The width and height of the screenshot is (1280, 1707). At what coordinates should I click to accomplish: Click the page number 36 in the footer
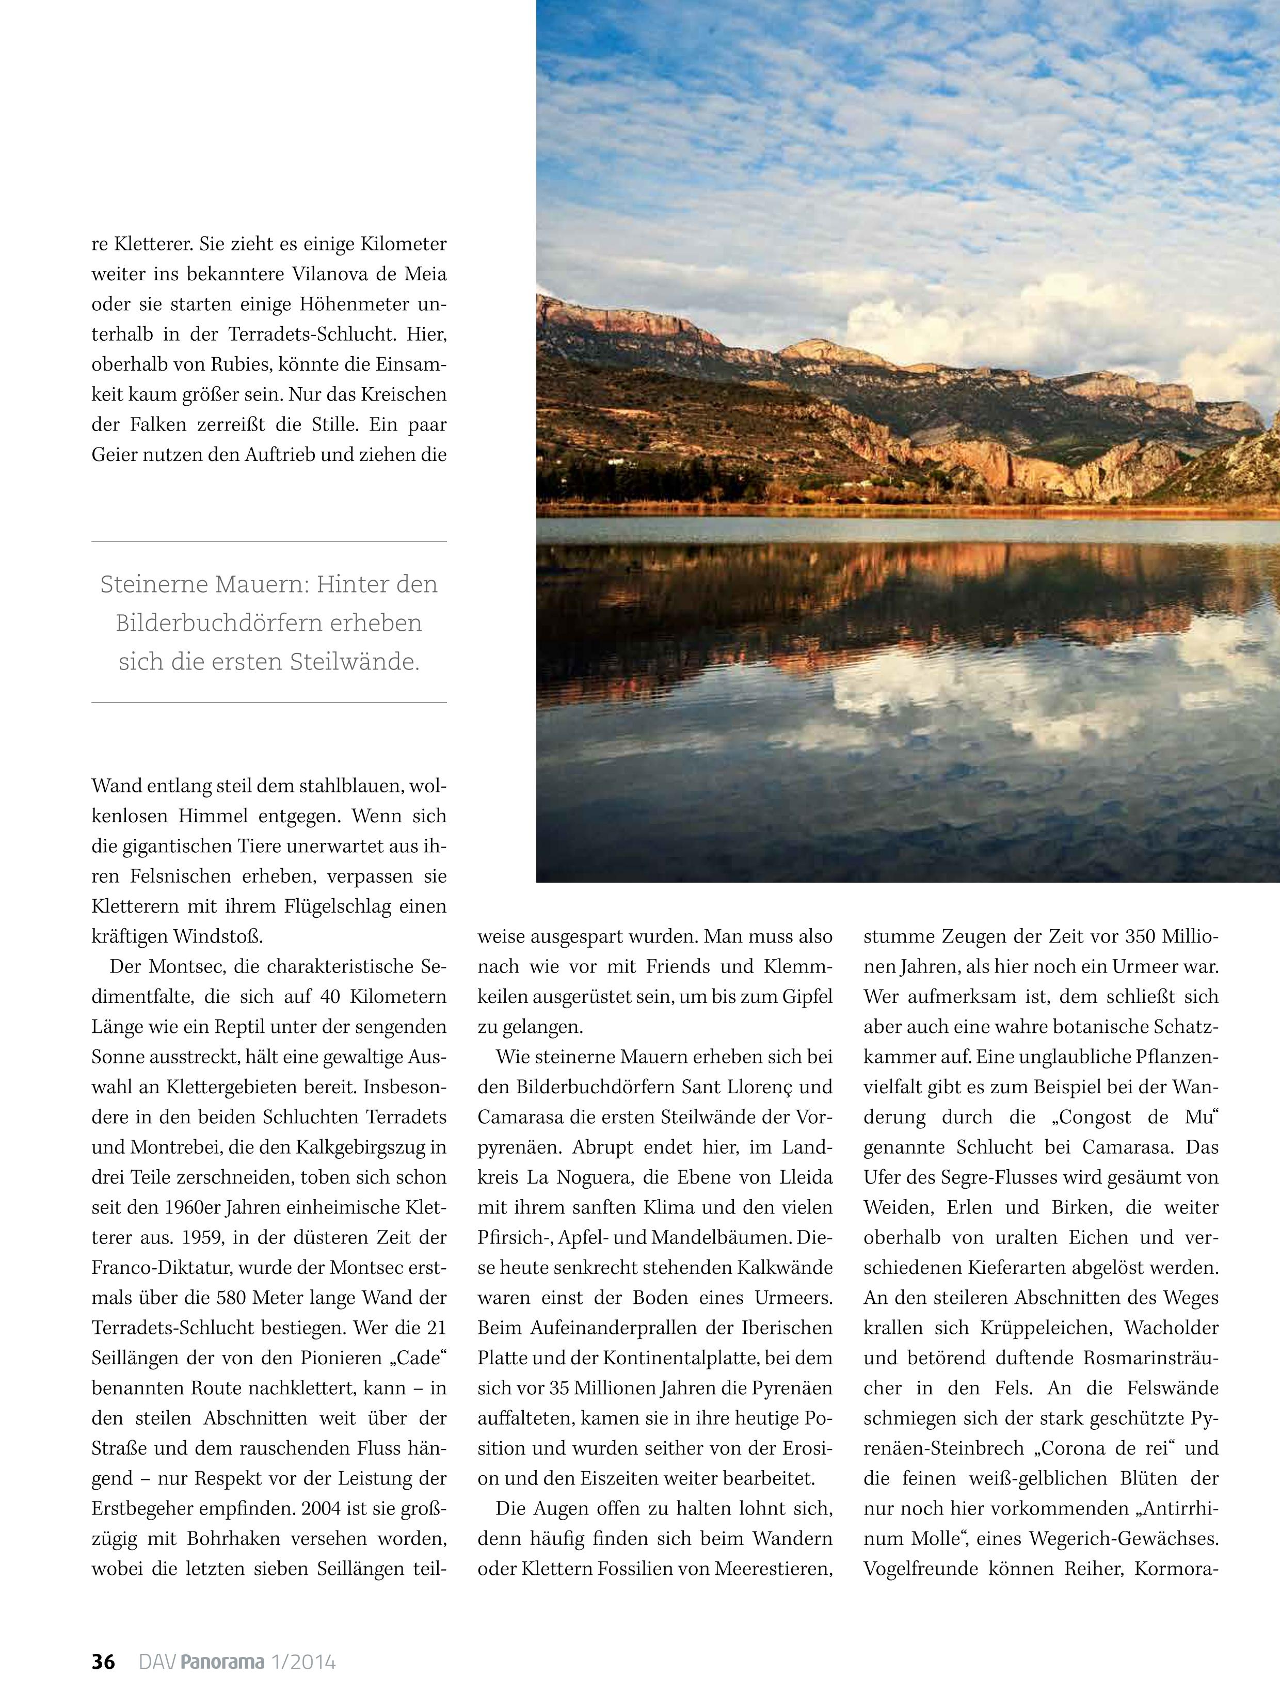103,1662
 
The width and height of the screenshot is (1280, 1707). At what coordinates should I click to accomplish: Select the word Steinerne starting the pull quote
154,584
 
